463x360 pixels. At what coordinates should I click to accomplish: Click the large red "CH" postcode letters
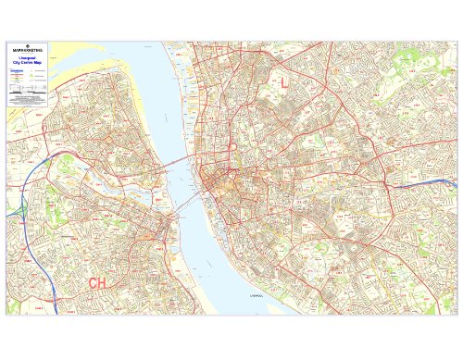98,282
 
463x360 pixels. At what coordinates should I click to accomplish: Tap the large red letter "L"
284,83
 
